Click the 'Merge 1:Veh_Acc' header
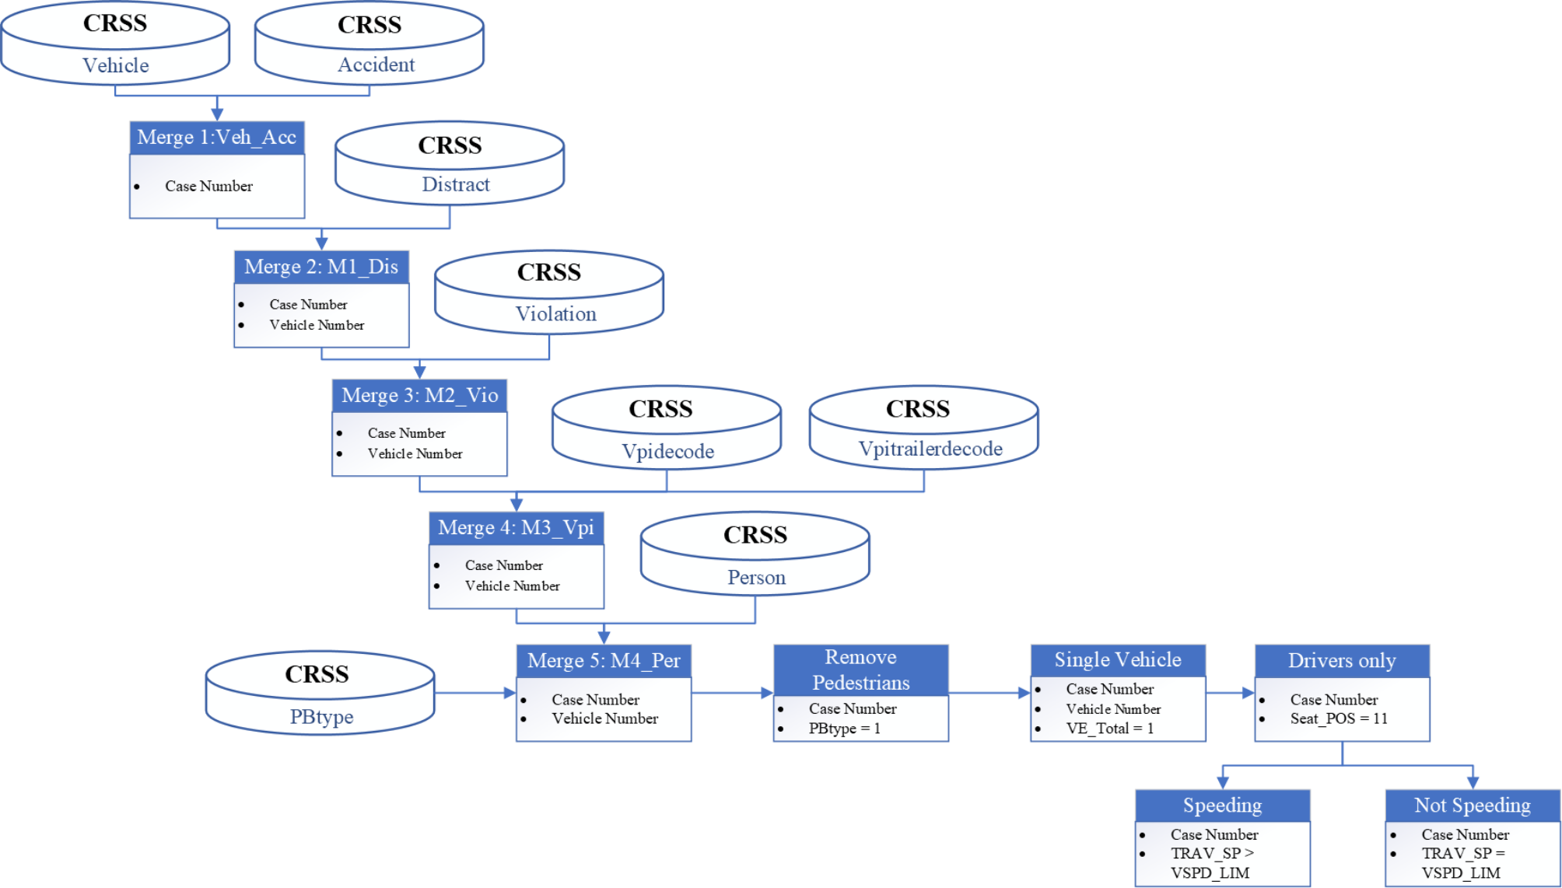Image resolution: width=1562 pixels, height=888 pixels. [x=216, y=138]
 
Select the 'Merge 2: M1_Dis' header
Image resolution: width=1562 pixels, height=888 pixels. [x=320, y=267]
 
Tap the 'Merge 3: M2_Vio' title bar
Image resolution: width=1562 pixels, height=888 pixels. [x=419, y=395]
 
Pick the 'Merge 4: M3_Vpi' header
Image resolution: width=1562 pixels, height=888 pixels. [x=516, y=527]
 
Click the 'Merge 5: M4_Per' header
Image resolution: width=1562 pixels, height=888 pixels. [x=604, y=660]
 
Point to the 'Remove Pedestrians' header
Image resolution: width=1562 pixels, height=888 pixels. [x=860, y=669]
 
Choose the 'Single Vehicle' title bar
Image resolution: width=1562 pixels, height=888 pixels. [x=1118, y=659]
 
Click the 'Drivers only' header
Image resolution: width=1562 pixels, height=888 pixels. [x=1342, y=660]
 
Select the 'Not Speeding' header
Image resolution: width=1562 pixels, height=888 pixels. [x=1472, y=805]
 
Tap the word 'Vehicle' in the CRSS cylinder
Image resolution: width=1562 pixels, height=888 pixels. [x=115, y=65]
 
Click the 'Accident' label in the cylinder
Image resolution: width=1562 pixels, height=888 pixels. [x=376, y=65]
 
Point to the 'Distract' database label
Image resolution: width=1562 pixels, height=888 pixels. [x=455, y=184]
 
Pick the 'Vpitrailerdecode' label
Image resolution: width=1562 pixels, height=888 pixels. [x=930, y=449]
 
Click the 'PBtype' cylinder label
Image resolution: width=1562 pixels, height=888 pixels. [x=321, y=716]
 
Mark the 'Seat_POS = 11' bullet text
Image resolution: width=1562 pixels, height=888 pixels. [x=1339, y=718]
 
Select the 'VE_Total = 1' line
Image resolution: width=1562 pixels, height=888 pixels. [x=1109, y=729]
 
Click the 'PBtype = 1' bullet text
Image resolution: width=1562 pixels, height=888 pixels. [x=844, y=729]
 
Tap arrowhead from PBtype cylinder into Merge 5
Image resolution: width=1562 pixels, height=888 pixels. [x=510, y=693]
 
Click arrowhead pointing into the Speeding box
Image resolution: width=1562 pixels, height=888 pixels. [x=1223, y=782]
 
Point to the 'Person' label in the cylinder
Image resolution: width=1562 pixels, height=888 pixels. [x=756, y=577]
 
